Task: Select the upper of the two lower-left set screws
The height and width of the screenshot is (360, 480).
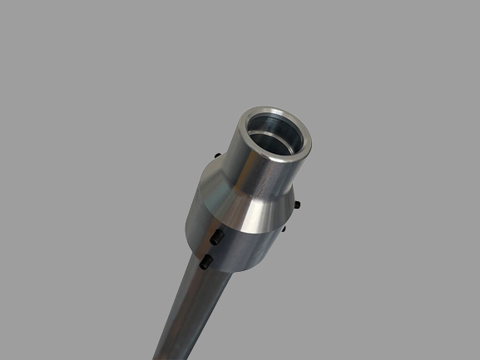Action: point(217,238)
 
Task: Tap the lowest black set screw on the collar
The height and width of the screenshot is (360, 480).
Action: point(206,264)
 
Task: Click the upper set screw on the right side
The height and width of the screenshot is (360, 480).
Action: point(298,204)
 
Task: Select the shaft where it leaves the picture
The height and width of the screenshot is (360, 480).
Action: point(171,353)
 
